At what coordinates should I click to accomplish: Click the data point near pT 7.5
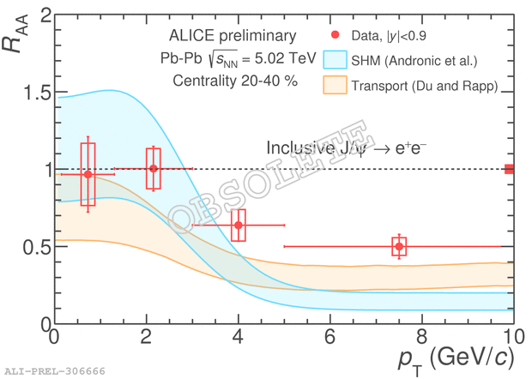click(399, 247)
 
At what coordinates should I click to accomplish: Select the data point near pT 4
click(239, 226)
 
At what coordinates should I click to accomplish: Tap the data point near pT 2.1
click(154, 168)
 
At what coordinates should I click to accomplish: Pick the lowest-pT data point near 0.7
click(88, 174)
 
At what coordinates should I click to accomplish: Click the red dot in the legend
click(335, 35)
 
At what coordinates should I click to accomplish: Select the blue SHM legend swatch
click(336, 60)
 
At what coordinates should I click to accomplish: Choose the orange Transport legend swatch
click(336, 85)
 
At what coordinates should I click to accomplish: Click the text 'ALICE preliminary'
click(233, 36)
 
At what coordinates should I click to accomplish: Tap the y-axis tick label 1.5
click(32, 93)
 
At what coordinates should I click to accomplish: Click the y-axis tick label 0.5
click(32, 247)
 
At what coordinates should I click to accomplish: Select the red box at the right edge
click(509, 169)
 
